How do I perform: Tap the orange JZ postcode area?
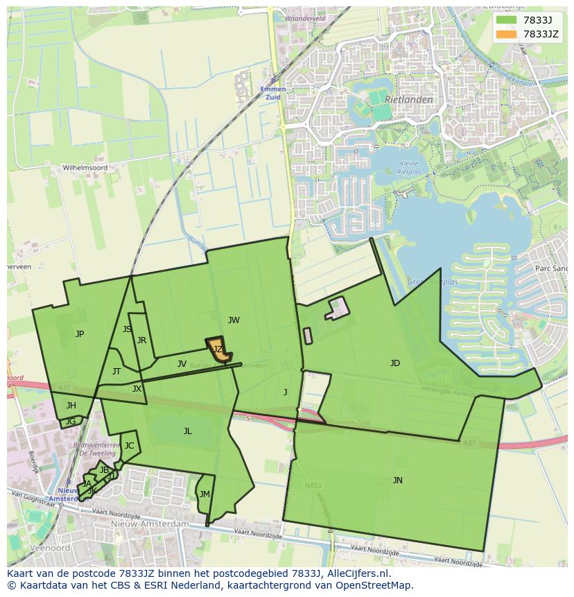tap(218, 349)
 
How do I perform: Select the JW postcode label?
tap(234, 320)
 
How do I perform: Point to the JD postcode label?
tap(394, 363)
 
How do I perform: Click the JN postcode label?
tap(397, 480)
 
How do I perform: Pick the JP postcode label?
tap(80, 334)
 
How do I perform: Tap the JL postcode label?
tap(187, 431)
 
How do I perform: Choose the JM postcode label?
tap(205, 494)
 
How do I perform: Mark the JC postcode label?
tap(129, 445)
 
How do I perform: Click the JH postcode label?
tap(71, 405)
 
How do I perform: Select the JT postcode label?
tap(116, 371)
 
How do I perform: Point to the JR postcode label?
tap(141, 340)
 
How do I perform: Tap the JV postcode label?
tap(182, 363)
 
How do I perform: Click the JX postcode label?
tap(137, 389)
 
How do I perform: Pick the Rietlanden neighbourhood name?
tap(409, 99)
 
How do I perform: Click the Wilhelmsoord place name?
tap(85, 168)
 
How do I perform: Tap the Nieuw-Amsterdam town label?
tap(149, 524)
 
